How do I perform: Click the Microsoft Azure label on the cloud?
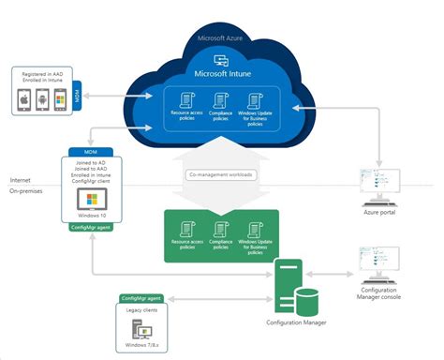[223, 38]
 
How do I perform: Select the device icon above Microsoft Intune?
[223, 57]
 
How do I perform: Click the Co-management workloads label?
[222, 174]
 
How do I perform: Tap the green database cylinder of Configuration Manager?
[307, 302]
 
